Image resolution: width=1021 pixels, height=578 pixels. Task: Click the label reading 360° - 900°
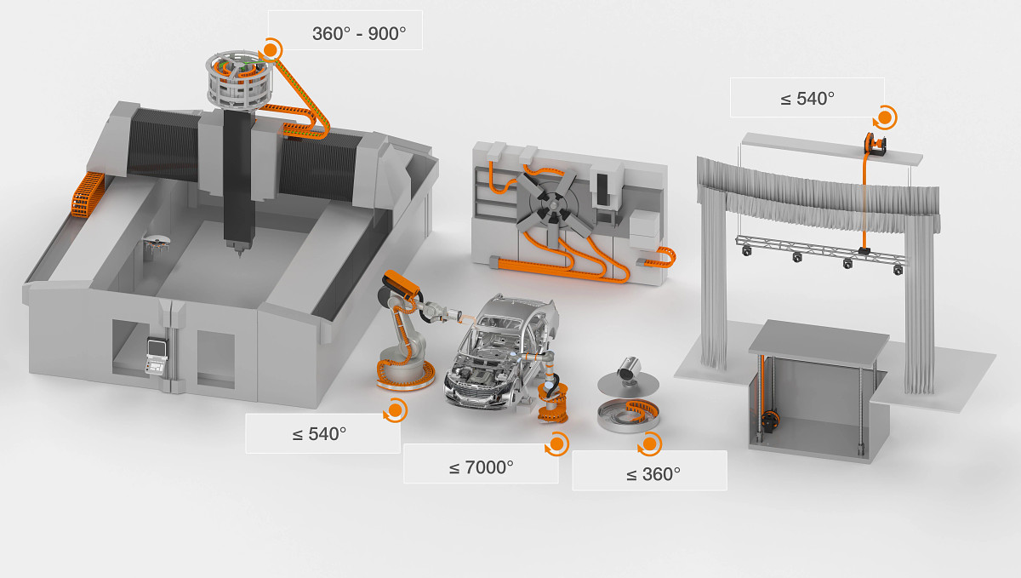359,34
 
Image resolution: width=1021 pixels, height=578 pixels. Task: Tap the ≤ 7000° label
481,467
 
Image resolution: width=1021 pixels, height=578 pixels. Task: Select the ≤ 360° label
653,474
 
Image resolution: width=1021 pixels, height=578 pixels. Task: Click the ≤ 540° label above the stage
807,99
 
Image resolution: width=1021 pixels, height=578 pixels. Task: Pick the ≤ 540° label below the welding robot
319,434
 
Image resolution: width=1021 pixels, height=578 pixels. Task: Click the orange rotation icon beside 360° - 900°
271,49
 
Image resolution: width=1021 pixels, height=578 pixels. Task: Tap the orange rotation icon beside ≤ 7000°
557,444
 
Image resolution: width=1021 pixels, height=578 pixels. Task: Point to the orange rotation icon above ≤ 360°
649,444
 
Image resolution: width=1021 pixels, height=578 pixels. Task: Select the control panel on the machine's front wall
157,356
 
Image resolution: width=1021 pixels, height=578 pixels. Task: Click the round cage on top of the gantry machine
238,78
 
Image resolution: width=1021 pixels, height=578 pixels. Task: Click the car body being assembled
500,352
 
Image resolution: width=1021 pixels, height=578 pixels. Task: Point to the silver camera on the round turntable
630,368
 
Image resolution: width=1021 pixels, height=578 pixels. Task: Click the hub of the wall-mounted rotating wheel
552,206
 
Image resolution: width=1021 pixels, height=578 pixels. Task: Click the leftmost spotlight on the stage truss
747,250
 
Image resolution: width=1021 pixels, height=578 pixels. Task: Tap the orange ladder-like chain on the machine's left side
88,196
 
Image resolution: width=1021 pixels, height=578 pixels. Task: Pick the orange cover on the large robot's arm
401,283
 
